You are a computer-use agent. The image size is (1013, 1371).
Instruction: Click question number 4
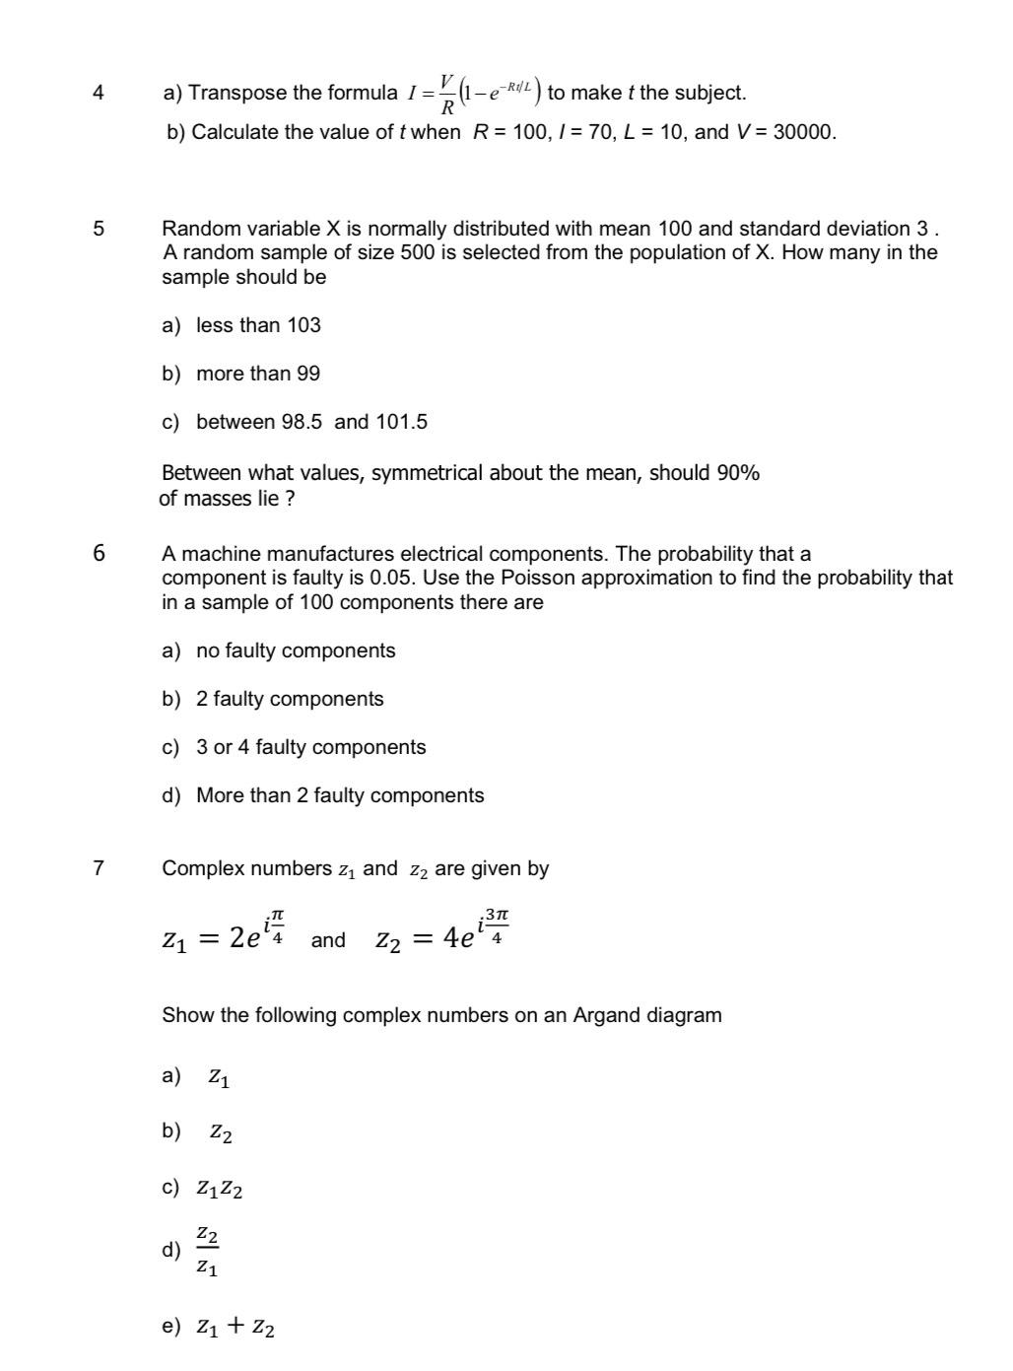(x=98, y=94)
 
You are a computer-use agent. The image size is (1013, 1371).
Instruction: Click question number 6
(x=99, y=553)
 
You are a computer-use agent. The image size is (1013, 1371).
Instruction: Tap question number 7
(x=98, y=868)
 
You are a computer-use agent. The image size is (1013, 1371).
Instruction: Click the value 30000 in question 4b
(x=804, y=132)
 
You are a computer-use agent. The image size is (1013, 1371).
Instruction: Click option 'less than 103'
(x=258, y=325)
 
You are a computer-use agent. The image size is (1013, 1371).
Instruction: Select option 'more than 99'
(x=258, y=374)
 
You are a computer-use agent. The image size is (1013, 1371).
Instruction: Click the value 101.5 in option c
(x=402, y=422)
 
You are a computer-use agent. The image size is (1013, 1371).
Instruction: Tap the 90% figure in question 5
(x=738, y=473)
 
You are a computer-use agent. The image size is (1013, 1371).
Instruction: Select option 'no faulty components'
(x=296, y=651)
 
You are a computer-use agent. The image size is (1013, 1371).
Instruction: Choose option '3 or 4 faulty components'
(x=310, y=747)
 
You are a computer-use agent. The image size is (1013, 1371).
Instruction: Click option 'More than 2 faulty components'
(x=340, y=795)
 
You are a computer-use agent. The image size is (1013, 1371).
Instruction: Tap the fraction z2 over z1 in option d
(x=207, y=1251)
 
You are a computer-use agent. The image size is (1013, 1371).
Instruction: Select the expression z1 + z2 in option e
(x=236, y=1328)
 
